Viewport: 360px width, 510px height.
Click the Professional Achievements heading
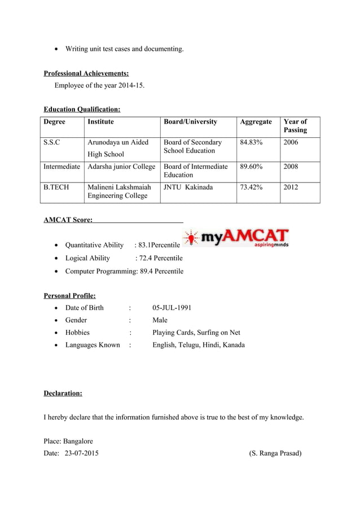point(86,73)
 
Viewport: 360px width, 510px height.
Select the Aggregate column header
point(256,121)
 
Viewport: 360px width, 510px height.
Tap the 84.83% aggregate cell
point(251,142)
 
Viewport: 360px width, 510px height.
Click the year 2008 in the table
point(291,167)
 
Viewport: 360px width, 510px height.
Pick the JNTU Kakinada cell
point(188,187)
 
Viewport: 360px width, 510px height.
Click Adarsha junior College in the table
point(120,167)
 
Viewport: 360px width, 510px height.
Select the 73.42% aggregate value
point(251,187)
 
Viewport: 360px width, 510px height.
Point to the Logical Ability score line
point(124,258)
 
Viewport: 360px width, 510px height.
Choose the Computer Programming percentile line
point(124,271)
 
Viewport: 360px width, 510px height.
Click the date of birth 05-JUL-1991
point(172,308)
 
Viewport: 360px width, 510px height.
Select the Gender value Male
point(160,320)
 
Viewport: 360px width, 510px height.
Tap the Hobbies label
point(77,333)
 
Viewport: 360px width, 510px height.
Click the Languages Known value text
point(199,345)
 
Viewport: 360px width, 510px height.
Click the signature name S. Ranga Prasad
point(275,453)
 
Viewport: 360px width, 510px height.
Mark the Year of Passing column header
point(295,125)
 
